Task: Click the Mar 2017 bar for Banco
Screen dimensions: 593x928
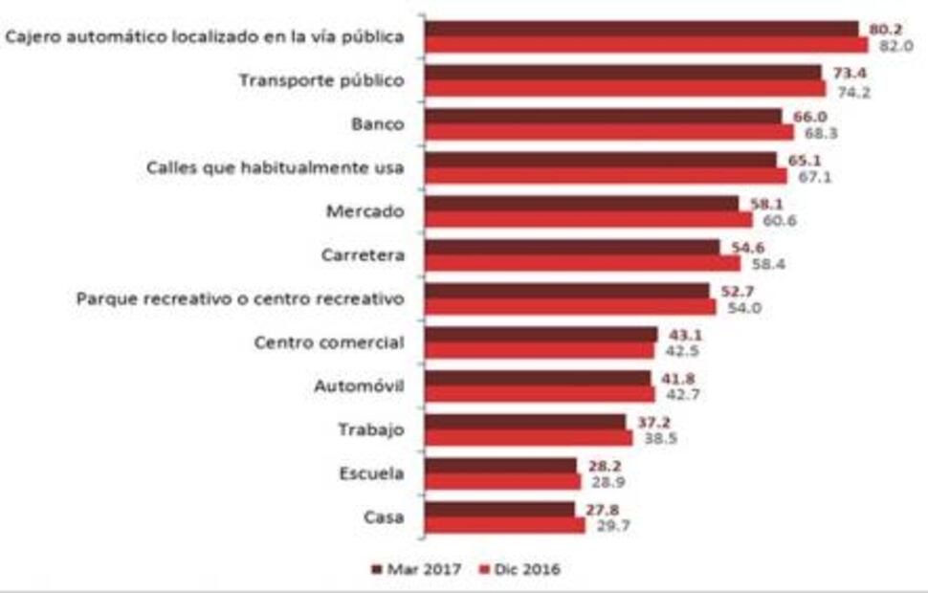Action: (x=603, y=116)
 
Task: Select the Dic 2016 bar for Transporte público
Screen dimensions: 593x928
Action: (x=624, y=88)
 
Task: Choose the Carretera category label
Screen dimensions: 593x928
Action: (x=364, y=255)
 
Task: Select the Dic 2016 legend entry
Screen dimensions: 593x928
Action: (x=518, y=569)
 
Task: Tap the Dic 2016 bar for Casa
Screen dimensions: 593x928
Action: (x=504, y=525)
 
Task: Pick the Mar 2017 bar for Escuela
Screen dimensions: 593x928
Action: (x=500, y=465)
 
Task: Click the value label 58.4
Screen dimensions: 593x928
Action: (x=765, y=263)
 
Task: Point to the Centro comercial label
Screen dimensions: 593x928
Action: (x=329, y=342)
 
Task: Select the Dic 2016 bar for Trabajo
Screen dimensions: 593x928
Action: (x=528, y=437)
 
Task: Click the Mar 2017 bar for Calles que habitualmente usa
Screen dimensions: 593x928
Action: (x=600, y=160)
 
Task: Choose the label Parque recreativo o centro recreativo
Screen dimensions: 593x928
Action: (x=240, y=298)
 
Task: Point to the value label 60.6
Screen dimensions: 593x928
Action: (x=778, y=220)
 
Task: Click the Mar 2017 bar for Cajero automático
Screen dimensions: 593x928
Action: (x=641, y=29)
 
